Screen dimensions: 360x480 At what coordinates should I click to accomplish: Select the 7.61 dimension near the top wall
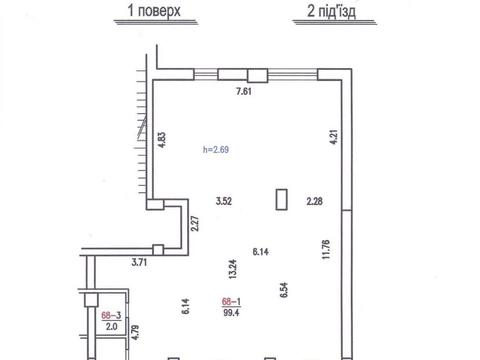pyautogui.click(x=243, y=93)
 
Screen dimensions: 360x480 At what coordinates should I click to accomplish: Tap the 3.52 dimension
pyautogui.click(x=225, y=201)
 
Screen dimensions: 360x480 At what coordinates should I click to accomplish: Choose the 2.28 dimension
pyautogui.click(x=316, y=201)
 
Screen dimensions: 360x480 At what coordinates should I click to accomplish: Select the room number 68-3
pyautogui.click(x=111, y=314)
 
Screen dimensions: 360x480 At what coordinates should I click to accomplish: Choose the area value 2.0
pyautogui.click(x=111, y=326)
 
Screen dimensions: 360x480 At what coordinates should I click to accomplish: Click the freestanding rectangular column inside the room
pyautogui.click(x=282, y=200)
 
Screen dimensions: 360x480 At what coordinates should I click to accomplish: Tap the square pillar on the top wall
pyautogui.click(x=257, y=73)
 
